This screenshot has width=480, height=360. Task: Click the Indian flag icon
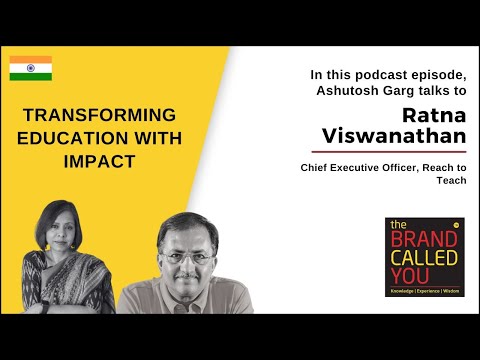(x=31, y=69)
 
